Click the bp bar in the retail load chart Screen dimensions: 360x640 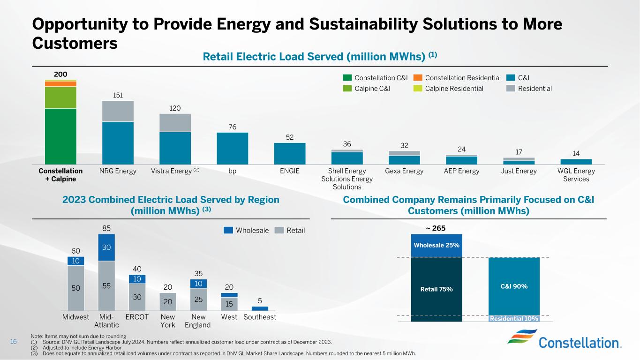(x=232, y=148)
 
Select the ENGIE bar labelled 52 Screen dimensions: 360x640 (x=289, y=153)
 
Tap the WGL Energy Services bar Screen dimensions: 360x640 (x=576, y=162)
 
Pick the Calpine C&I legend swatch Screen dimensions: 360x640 (x=347, y=89)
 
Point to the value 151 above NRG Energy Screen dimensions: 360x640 (x=118, y=95)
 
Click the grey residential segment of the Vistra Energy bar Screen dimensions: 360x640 (x=175, y=123)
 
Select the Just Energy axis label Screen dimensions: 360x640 (x=519, y=171)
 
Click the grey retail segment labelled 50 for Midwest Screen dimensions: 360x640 (x=76, y=287)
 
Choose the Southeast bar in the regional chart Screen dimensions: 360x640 (x=259, y=308)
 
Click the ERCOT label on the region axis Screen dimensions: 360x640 (x=137, y=317)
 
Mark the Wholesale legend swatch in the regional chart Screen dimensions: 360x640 (x=228, y=230)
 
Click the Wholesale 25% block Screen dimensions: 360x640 (x=436, y=245)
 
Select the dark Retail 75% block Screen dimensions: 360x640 (x=436, y=289)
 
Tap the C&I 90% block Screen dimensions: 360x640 (x=513, y=286)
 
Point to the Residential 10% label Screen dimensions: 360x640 (x=514, y=319)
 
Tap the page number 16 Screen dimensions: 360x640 (x=14, y=342)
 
